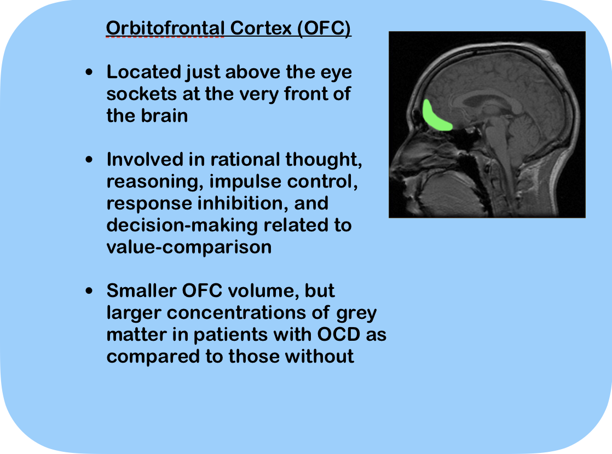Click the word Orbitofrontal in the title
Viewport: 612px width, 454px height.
point(165,28)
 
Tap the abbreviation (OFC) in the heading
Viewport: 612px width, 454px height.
point(324,28)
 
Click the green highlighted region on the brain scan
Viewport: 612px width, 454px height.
point(436,116)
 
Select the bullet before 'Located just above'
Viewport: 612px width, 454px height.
point(89,72)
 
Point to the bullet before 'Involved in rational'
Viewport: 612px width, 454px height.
point(89,160)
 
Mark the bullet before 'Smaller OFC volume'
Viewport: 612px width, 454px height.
point(89,290)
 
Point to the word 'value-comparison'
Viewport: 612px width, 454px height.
point(189,248)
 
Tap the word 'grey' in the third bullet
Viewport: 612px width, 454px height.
point(356,313)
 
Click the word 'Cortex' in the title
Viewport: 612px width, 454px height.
point(261,28)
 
